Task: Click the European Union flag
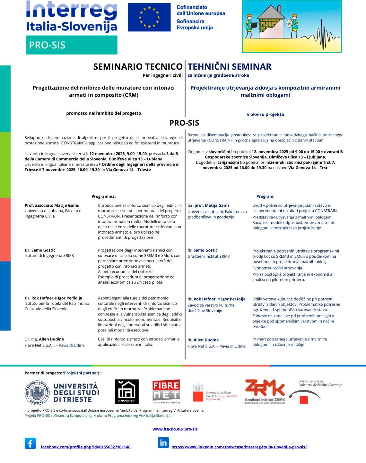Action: coord(149,17)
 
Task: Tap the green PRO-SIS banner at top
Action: coord(72,45)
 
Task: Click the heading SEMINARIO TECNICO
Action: coord(138,66)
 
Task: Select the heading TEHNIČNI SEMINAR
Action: coord(230,66)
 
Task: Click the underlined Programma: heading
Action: coord(104,196)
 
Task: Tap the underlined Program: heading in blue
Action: coord(265,196)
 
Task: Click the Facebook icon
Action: coord(30,443)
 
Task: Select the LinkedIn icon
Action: coord(163,443)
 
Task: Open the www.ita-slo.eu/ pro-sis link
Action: coord(175,429)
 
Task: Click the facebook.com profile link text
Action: coord(86,447)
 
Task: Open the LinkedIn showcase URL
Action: coord(239,447)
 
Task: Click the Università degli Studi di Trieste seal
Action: coord(37,392)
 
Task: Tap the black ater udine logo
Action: coord(127,391)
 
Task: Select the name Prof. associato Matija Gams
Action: coord(52,205)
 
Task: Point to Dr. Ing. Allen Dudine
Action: coord(44,339)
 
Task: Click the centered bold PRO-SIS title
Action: coord(184,123)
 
